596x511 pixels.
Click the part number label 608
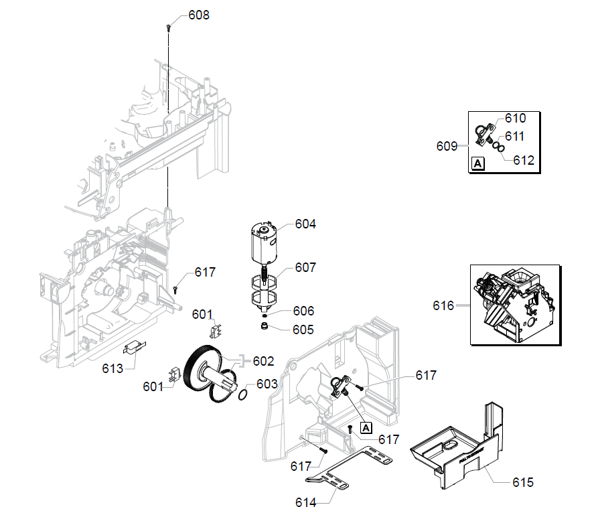198,15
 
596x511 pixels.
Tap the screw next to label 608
168,27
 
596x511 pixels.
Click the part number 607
305,268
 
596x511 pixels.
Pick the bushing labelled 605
265,327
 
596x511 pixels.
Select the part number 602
263,361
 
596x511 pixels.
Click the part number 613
112,368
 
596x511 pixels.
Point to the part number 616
443,306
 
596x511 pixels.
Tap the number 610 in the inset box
515,119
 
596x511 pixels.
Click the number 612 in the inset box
524,160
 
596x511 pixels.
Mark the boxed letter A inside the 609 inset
477,163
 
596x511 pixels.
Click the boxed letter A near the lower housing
366,426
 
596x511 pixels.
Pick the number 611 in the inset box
514,136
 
